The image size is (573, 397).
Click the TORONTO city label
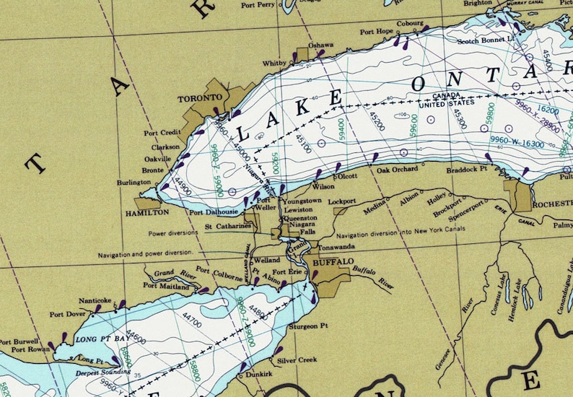click(x=201, y=97)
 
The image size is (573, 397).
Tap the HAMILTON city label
click(x=146, y=213)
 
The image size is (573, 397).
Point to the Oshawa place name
click(x=321, y=45)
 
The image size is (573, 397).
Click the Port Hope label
click(x=377, y=32)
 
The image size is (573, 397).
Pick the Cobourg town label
click(x=409, y=23)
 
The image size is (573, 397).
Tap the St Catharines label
click(x=227, y=226)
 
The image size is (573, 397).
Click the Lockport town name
click(x=341, y=201)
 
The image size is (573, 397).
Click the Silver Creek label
click(x=297, y=359)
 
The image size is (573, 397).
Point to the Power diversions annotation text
click(x=173, y=234)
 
